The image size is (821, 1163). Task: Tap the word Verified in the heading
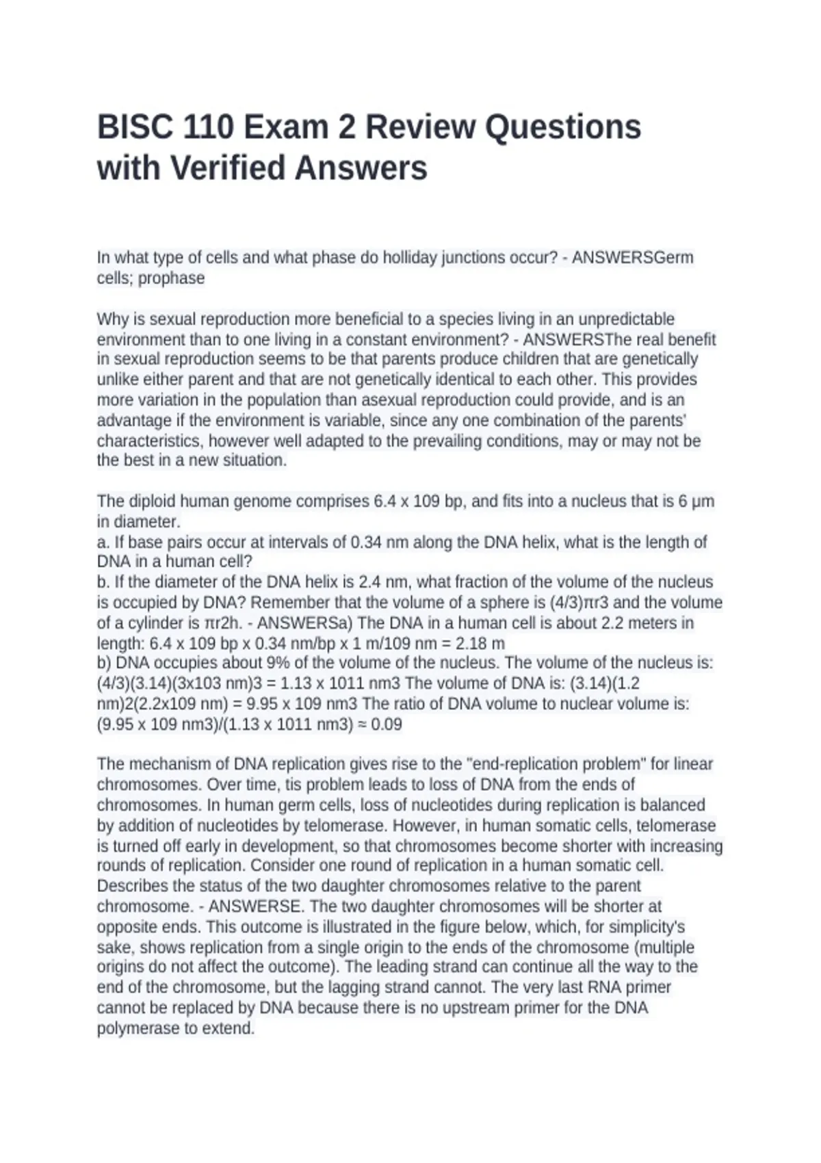(x=229, y=169)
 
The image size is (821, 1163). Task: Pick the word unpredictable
(x=626, y=319)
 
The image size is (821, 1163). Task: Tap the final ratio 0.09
(x=387, y=724)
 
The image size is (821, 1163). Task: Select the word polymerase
(x=138, y=1029)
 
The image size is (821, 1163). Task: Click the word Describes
(x=132, y=886)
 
